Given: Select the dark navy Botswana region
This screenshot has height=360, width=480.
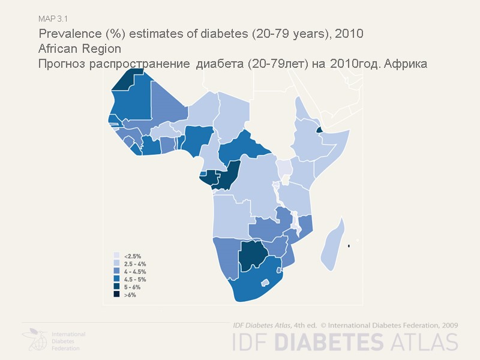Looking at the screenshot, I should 253,256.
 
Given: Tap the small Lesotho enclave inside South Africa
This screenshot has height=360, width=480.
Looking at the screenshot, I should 263,283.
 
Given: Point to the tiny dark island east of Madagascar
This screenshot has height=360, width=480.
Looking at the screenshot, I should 349,246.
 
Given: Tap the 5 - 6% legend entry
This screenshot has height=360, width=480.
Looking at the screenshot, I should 132,287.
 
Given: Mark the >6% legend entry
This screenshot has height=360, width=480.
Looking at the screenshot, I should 130,295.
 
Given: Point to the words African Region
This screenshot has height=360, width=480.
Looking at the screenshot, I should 79,49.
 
